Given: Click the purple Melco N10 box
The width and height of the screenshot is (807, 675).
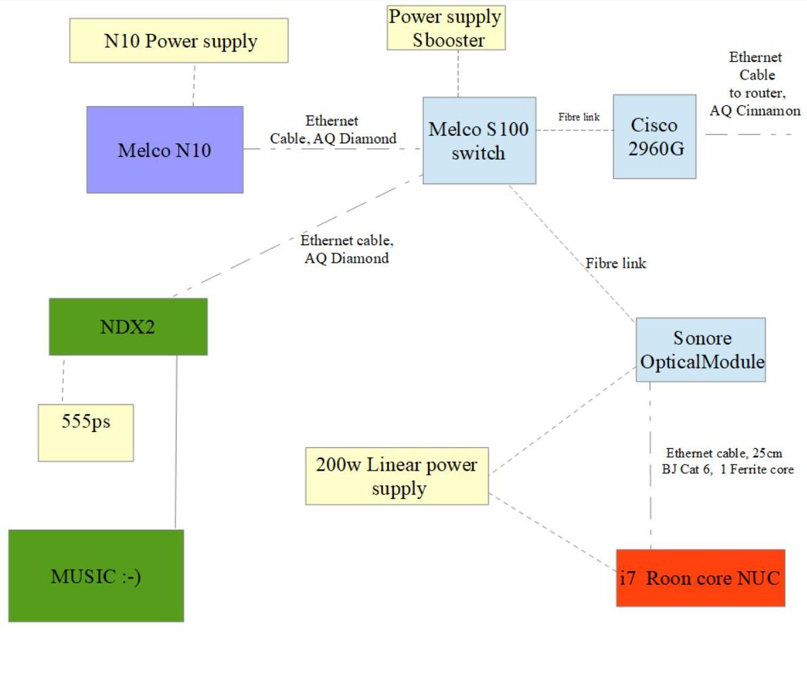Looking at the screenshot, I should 164,149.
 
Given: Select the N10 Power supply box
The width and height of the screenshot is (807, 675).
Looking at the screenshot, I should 180,41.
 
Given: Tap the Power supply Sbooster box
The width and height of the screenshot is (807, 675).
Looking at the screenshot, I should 446,28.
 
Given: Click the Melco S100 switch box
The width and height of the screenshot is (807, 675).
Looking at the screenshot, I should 478,140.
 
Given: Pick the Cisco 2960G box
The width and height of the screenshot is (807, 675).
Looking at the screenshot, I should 654,136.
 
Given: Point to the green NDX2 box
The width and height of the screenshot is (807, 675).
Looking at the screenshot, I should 128,326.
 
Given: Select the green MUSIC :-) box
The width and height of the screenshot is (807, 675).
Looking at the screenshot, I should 96,576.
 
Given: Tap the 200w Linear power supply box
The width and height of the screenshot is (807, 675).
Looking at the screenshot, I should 397,475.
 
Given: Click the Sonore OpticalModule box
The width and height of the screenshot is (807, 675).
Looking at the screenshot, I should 700,349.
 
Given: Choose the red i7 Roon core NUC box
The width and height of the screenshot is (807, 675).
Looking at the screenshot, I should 700,578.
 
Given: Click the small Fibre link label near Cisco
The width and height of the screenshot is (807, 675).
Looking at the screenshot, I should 579,117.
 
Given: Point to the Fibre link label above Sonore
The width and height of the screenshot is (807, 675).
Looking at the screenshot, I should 616,263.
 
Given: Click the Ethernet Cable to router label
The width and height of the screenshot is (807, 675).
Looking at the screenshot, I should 755,84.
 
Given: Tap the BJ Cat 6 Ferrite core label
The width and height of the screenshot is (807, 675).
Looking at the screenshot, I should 730,461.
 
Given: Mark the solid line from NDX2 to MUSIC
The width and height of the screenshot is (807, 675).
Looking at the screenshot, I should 176,441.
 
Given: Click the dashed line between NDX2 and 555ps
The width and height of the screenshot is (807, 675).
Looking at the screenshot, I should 63,379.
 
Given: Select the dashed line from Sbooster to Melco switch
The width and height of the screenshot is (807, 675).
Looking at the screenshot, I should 458,73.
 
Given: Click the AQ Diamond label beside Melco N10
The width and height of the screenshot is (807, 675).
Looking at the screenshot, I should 333,130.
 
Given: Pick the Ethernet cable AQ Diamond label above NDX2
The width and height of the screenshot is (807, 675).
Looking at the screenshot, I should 347,249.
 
